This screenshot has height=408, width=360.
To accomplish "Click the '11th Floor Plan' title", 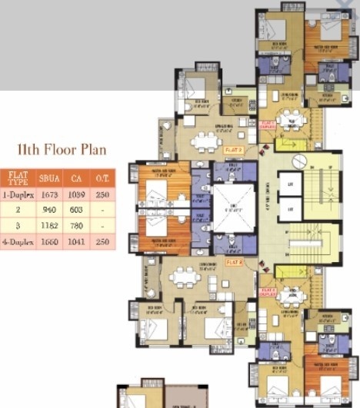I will click(x=62, y=149).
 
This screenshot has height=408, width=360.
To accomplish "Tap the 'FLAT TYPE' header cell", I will click(x=17, y=178).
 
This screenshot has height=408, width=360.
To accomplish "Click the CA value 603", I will click(x=76, y=210).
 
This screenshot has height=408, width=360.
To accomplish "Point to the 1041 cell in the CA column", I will click(x=76, y=241).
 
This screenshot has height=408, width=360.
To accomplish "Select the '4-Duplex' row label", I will click(x=17, y=241).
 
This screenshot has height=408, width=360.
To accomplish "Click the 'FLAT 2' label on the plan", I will click(x=235, y=262).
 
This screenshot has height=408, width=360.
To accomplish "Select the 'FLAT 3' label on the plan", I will click(x=234, y=150).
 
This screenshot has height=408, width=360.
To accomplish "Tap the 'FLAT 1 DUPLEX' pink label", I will click(x=268, y=124).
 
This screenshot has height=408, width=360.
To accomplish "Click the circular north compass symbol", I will click(x=299, y=161).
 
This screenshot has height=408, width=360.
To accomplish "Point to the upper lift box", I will click(x=290, y=184).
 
